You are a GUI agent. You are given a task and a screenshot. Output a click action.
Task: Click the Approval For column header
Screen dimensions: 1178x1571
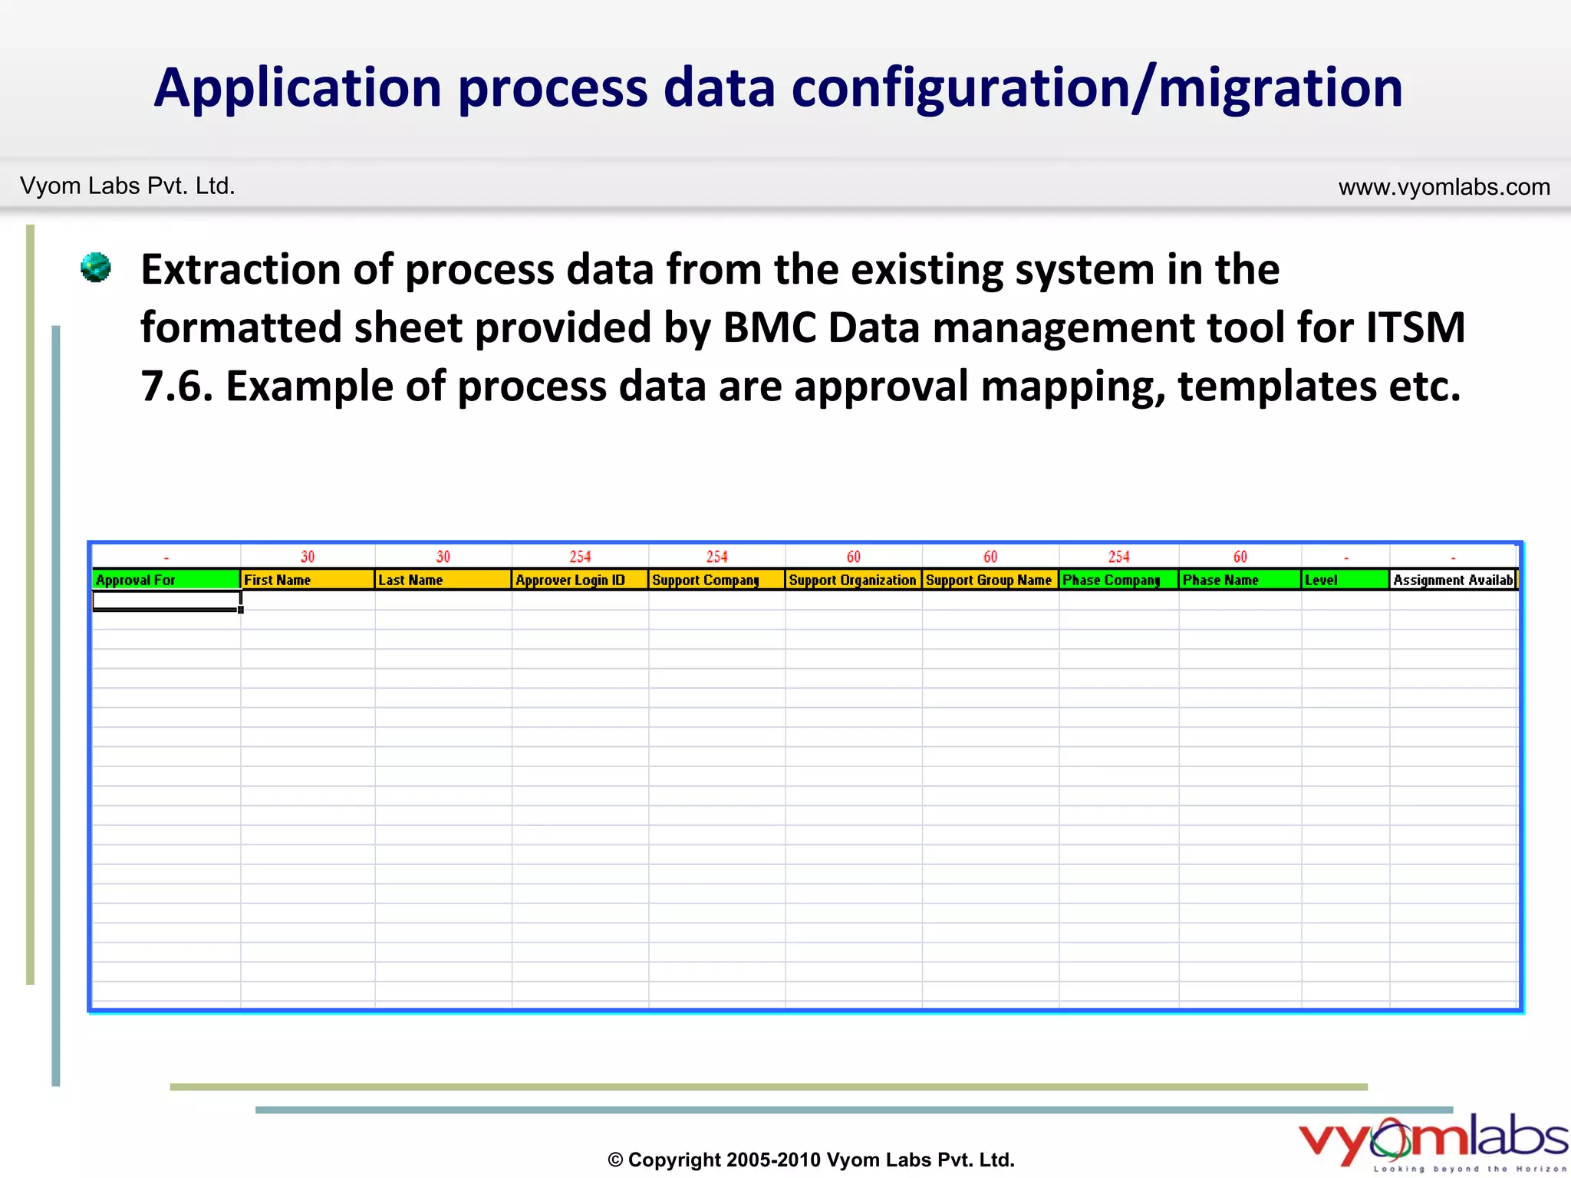[165, 580]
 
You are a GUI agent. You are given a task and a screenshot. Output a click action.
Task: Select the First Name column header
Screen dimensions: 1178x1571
[307, 580]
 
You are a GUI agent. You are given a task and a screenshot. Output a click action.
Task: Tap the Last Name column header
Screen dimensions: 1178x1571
[443, 580]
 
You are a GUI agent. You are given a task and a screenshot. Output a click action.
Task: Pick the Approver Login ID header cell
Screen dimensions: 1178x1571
[579, 580]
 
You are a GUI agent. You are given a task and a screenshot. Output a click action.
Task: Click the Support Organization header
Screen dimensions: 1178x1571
[853, 580]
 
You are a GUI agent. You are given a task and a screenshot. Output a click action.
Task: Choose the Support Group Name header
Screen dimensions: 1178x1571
[990, 580]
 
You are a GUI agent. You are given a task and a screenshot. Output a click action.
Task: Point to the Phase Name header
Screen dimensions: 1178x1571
[1239, 580]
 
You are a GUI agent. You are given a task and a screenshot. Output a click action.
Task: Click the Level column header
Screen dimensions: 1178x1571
[1345, 580]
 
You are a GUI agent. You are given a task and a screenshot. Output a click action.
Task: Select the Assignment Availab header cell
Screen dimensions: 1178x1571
[1453, 580]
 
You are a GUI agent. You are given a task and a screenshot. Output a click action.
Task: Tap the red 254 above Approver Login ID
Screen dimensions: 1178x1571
[580, 557]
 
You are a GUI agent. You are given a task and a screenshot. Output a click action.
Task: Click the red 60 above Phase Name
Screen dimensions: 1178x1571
[1240, 557]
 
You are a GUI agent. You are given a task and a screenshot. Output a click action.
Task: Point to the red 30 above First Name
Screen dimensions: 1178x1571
[308, 557]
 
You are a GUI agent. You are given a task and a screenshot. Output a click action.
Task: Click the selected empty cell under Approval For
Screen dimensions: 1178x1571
[166, 600]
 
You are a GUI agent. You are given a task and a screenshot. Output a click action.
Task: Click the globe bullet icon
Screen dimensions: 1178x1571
[96, 268]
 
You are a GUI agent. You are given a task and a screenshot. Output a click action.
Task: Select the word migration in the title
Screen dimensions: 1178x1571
[1280, 87]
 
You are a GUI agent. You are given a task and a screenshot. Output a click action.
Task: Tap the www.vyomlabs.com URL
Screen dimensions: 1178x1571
[1444, 186]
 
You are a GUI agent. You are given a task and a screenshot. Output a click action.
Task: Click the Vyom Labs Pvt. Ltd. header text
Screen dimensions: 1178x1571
[127, 186]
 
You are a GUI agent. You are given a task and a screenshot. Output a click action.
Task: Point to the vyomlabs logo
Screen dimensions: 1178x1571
[1431, 1141]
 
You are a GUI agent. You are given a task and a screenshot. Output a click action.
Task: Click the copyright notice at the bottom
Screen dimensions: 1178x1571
[811, 1160]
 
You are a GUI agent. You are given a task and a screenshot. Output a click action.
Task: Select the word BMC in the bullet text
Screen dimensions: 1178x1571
[769, 327]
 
